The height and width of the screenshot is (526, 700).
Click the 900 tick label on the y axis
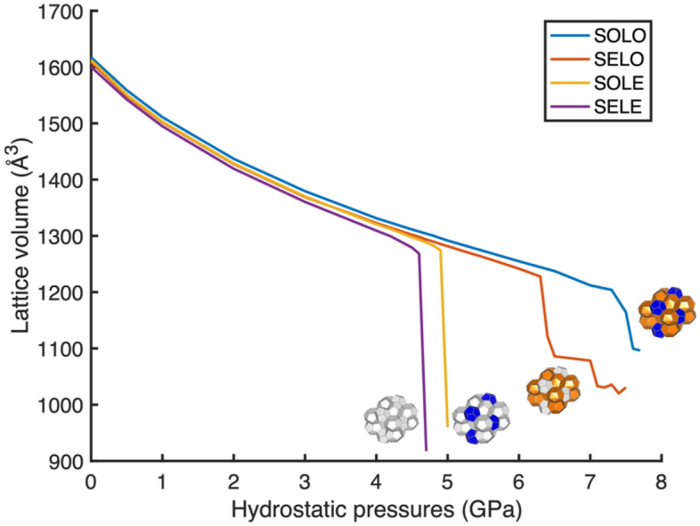pos(67,462)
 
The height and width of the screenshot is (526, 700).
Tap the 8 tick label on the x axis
pos(660,481)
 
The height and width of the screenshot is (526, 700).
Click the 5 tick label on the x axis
pos(446,481)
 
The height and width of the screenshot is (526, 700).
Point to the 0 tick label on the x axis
pos(91,481)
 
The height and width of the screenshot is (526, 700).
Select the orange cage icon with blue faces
pos(666,312)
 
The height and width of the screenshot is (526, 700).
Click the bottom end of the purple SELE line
pos(426,449)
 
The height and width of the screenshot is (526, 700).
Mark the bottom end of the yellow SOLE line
pos(447,426)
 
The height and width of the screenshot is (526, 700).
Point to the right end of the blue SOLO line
pos(639,350)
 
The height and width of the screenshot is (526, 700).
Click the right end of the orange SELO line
pos(626,388)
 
